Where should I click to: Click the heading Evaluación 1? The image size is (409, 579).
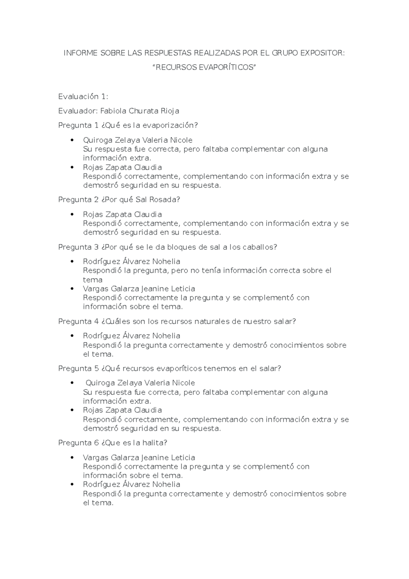point(83,96)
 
